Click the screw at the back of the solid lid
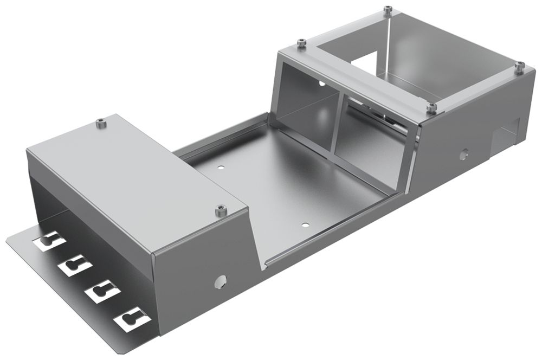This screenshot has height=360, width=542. pos(100,124)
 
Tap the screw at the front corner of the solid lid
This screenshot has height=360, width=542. pos(220,210)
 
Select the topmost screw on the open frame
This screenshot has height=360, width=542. pos(386,9)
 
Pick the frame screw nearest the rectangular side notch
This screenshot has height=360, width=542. pos(519,66)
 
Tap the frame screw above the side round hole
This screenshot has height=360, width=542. pos(431,108)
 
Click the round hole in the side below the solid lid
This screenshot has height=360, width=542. pos(220,281)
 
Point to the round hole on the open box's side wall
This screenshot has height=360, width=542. pos(463,155)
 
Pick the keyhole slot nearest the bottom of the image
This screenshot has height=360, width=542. pos(131,319)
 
